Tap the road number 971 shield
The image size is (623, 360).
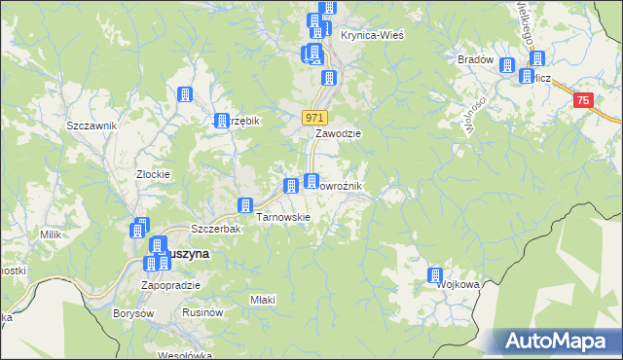point(312,117)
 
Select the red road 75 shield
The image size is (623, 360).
point(582,100)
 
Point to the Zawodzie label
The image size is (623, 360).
point(338,134)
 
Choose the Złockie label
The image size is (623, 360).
point(154,175)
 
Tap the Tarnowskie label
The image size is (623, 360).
point(282,217)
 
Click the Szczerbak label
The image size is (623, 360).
point(215,230)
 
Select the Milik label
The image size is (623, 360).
point(51,234)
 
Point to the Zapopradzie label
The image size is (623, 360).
point(170,285)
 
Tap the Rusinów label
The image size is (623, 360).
point(204,312)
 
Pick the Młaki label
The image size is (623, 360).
point(262,299)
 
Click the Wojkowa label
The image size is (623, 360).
point(458,285)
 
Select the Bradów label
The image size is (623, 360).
point(475,59)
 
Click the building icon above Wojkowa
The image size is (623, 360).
point(435,276)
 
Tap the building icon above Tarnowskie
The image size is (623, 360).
point(246,206)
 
